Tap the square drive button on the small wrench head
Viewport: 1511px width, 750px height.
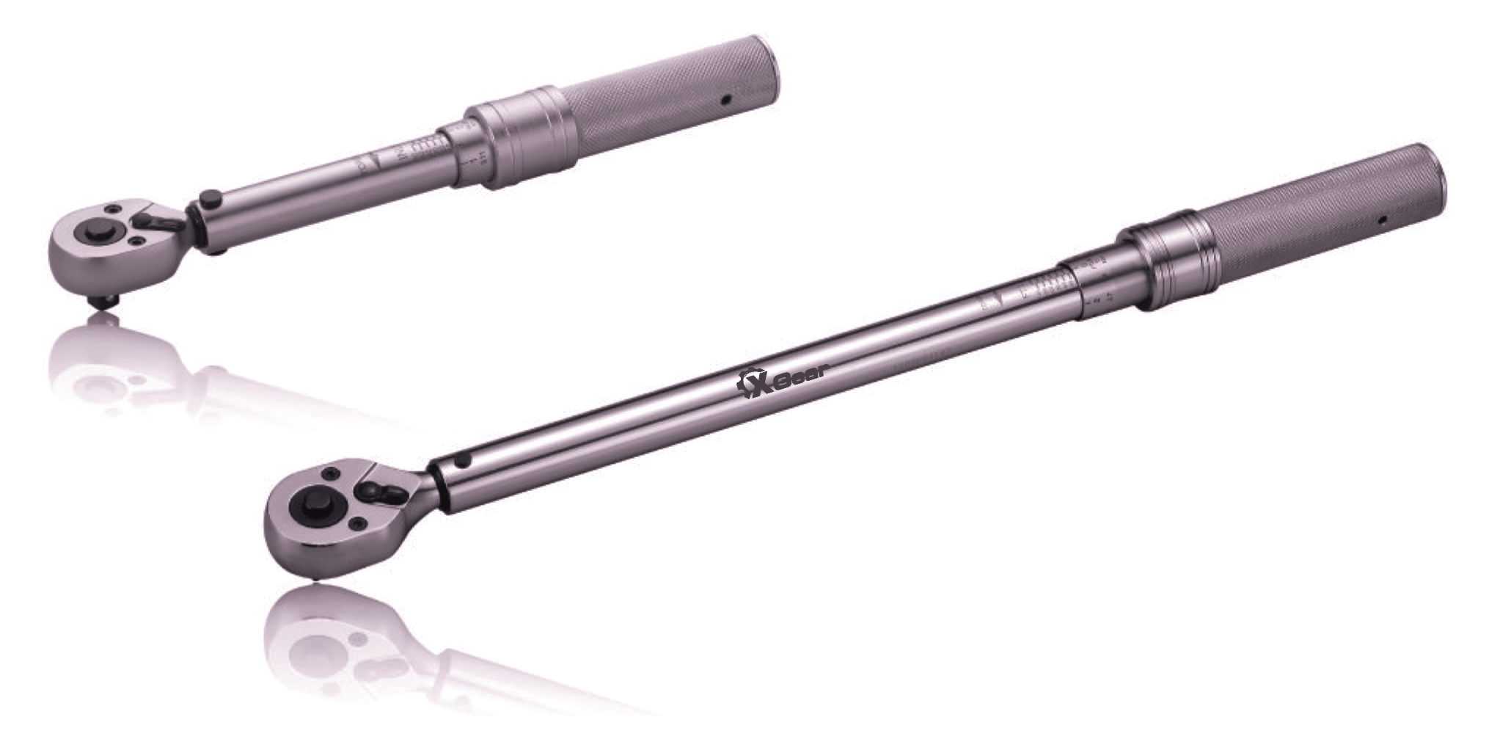click(94, 232)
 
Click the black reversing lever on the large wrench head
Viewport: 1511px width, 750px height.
click(382, 490)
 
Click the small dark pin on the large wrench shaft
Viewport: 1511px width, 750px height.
click(461, 460)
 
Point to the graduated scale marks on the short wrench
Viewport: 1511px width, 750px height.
click(425, 151)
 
